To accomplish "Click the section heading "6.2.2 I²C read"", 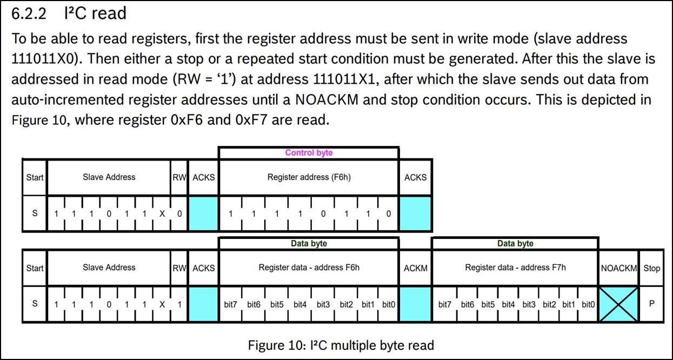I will [x=69, y=13].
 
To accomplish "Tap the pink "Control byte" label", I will [x=309, y=152].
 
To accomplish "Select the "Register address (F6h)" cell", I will [x=309, y=177].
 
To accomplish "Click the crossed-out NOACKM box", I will [x=618, y=304].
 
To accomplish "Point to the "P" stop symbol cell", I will [x=652, y=304].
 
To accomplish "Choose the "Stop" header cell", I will [x=652, y=268].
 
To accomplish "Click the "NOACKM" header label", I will [x=618, y=268].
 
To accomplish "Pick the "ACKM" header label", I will [x=416, y=268].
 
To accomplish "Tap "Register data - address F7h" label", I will [x=515, y=267].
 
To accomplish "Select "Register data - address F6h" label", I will [x=309, y=267].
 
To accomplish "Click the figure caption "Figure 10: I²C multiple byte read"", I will [x=341, y=344].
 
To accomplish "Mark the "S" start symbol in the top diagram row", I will [x=35, y=214].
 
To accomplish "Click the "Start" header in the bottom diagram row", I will [x=35, y=268].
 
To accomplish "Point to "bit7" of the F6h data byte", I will [x=230, y=304].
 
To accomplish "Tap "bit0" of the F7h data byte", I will [x=588, y=304].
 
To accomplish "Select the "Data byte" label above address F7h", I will [x=515, y=243].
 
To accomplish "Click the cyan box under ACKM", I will [x=416, y=304].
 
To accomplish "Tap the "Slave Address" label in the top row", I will [x=109, y=177].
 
